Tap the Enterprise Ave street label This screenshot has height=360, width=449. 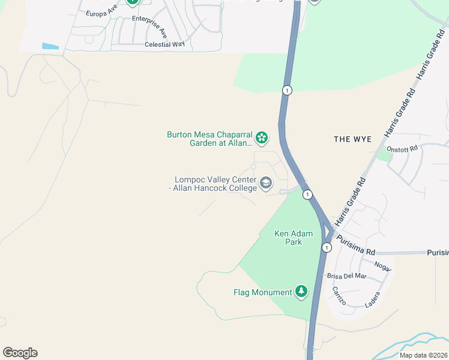[149, 24]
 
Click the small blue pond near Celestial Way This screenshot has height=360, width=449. [50, 46]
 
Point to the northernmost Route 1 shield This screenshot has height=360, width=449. [288, 90]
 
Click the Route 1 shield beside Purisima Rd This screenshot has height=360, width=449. [327, 247]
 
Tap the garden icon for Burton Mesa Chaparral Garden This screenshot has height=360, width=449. [262, 139]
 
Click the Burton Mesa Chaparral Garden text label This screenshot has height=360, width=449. [209, 139]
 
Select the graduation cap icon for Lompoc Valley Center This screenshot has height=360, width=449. [266, 182]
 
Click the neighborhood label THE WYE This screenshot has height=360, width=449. [353, 139]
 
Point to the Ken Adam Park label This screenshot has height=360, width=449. [288, 238]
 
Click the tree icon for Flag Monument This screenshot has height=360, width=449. [301, 292]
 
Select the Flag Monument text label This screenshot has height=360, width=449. [262, 293]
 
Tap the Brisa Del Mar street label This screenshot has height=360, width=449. [346, 276]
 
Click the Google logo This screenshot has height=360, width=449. [20, 353]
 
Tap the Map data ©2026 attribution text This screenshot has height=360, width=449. [423, 355]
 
